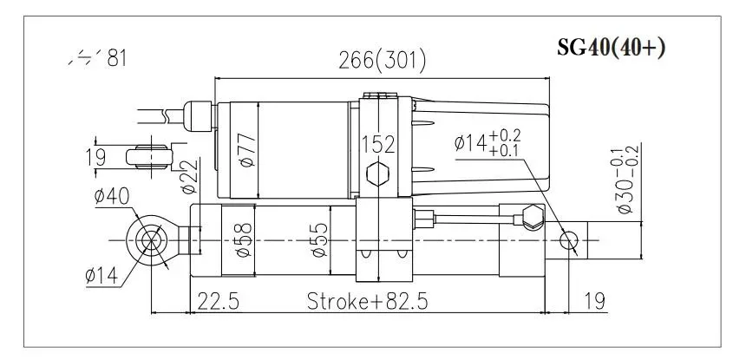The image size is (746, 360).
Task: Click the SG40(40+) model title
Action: click(611, 48)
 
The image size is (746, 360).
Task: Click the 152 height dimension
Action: click(379, 143)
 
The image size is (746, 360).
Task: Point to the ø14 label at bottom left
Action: click(102, 277)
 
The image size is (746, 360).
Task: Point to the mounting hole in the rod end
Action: click(569, 240)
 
